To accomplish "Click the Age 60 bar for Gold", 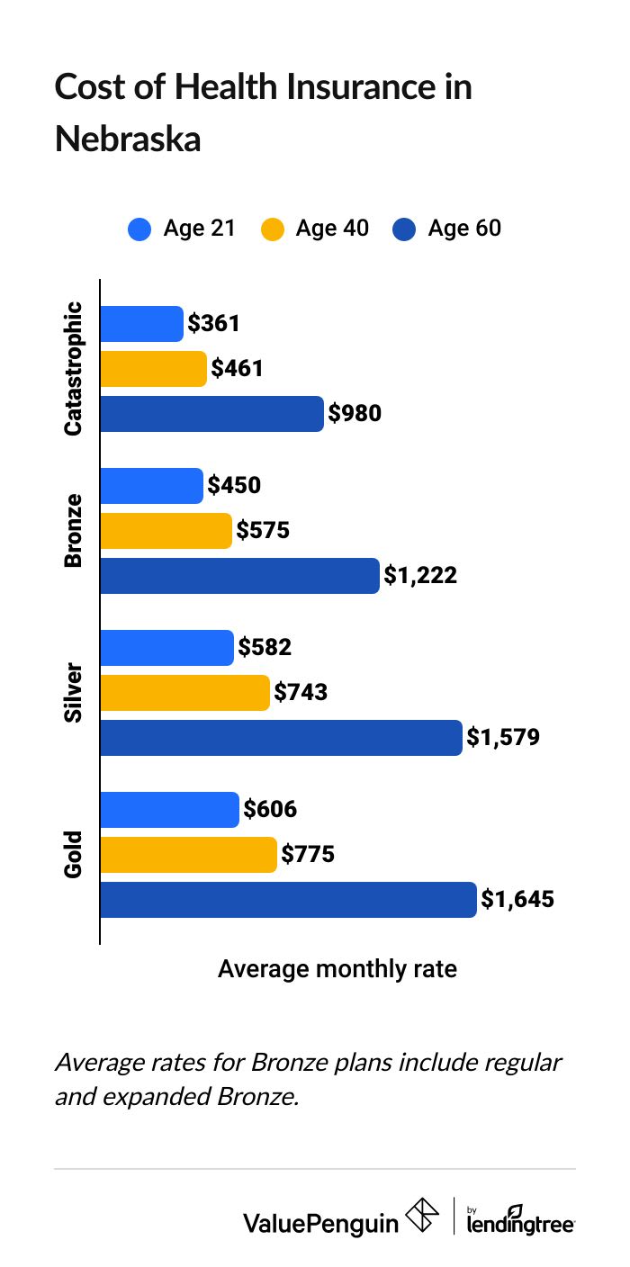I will pyautogui.click(x=288, y=899).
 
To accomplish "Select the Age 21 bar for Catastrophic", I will pyautogui.click(x=141, y=324).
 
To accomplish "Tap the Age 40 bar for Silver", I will pyautogui.click(x=184, y=693).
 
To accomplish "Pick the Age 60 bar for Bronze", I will pyautogui.click(x=239, y=576).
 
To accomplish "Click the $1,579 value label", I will pyautogui.click(x=502, y=738).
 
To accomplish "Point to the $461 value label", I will pyautogui.click(x=237, y=368).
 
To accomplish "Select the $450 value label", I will pyautogui.click(x=234, y=486).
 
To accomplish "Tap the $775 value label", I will pyautogui.click(x=308, y=854).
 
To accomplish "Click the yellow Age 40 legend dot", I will pyautogui.click(x=272, y=229).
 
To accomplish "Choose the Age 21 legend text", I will pyautogui.click(x=199, y=229).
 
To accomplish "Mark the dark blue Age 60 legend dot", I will pyautogui.click(x=404, y=229).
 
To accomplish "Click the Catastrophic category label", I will pyautogui.click(x=73, y=369).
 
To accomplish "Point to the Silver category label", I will pyautogui.click(x=73, y=693).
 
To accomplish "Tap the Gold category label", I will pyautogui.click(x=73, y=854).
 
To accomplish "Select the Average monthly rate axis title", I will pyautogui.click(x=337, y=969).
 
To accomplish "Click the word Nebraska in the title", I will pyautogui.click(x=128, y=139).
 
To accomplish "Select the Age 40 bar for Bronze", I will pyautogui.click(x=166, y=531).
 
